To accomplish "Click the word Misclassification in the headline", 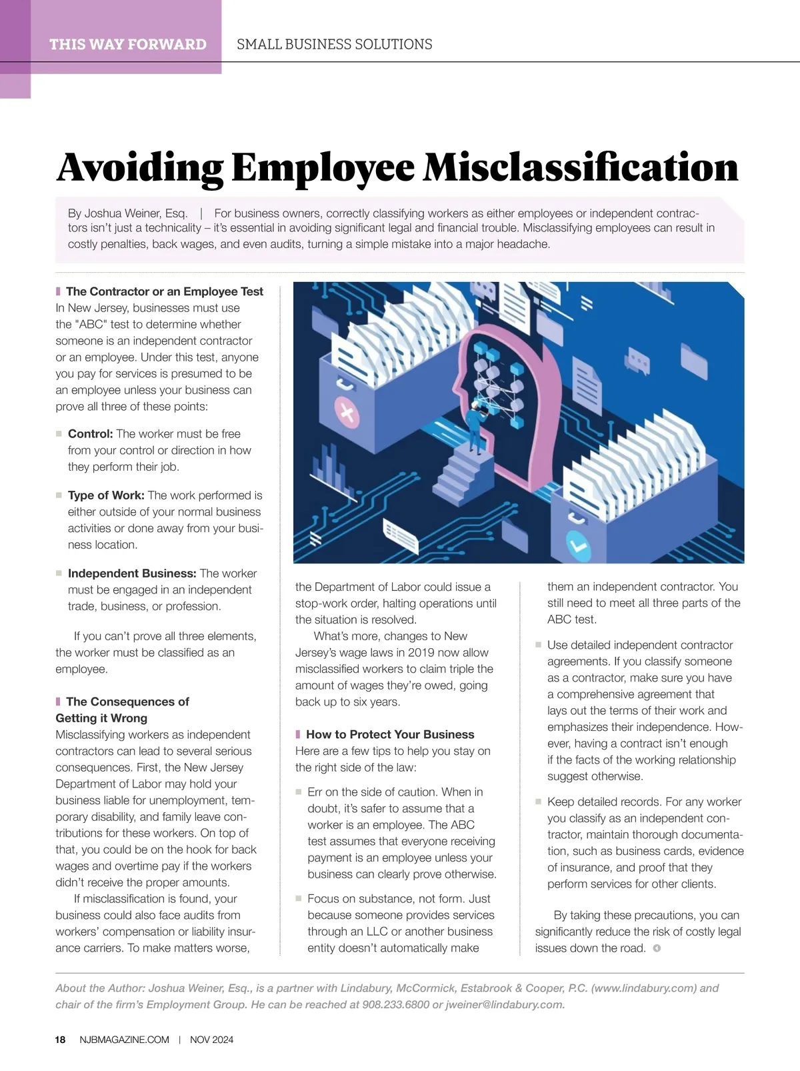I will click(x=581, y=167).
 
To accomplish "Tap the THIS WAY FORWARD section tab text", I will click(x=127, y=45).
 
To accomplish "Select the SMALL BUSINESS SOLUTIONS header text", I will click(x=334, y=45).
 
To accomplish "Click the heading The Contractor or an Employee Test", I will click(x=164, y=291).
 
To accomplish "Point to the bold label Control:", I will click(x=90, y=433).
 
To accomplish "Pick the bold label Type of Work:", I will click(x=106, y=495).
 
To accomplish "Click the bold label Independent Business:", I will click(x=132, y=574).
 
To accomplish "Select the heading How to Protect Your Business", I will click(x=390, y=734).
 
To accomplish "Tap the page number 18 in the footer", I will click(x=60, y=1040).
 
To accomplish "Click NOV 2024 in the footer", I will click(x=211, y=1040).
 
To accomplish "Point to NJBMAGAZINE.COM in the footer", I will click(x=124, y=1040).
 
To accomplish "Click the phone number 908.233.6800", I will click(x=395, y=1004).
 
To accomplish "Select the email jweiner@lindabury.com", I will click(x=505, y=1004).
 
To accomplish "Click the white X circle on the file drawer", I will click(x=347, y=412).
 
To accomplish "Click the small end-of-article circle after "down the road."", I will click(x=657, y=948).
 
